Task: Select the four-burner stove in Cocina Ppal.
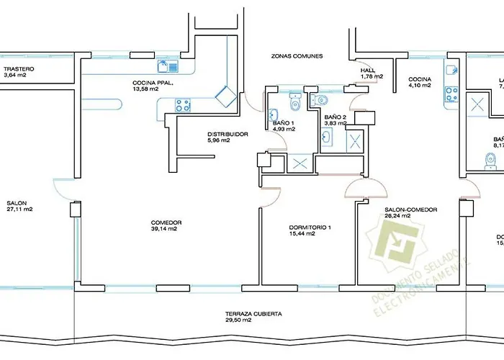[x=184, y=105]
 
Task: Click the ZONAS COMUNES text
[x=297, y=55]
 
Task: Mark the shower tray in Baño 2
[x=356, y=140]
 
